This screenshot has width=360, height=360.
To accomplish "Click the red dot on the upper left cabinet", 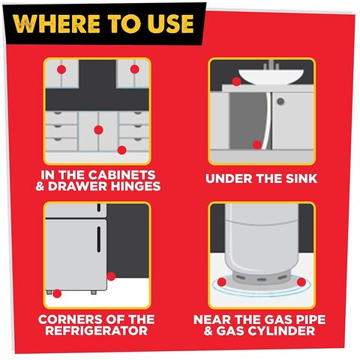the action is coord(61,70).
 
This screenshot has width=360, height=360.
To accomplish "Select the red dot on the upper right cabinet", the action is coord(134,69).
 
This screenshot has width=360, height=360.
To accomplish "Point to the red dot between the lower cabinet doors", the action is coord(98,130).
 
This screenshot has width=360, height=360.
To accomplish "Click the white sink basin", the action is coord(271,76).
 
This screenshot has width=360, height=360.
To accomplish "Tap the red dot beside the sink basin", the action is coord(236,81).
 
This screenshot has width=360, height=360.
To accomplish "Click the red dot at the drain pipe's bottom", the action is coord(257,145).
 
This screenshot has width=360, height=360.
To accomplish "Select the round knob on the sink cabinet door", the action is coord(280,101).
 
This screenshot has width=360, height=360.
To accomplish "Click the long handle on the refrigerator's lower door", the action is coord(99,239).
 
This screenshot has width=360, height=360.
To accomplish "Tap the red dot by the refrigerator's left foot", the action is coord(57,293).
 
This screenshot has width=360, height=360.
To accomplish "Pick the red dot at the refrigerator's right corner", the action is coord(111,276).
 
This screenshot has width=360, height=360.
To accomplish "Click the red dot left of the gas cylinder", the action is coord(222,282).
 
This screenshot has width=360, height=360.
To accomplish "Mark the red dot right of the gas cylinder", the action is coord(301,282).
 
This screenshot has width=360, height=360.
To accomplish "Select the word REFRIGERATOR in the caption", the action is coord(97,331).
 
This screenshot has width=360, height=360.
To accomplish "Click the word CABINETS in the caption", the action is coord(121,175).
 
